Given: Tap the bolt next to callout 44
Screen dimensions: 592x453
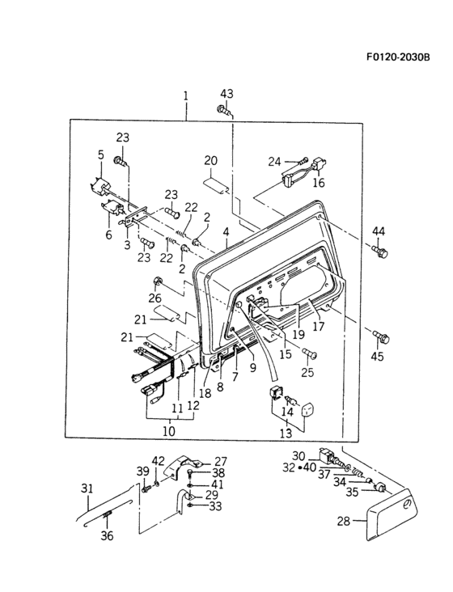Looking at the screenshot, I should point(381,253).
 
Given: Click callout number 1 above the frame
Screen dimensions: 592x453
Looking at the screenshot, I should point(185,95).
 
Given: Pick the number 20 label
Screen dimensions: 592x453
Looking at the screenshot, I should point(211,159).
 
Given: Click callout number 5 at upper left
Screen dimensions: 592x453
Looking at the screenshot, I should point(101,154).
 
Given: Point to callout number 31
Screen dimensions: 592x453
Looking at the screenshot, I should point(87,488).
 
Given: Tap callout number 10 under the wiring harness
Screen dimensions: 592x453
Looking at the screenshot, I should point(168,431).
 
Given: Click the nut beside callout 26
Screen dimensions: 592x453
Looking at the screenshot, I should point(159,282).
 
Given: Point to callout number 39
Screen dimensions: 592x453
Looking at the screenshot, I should point(142,471).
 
